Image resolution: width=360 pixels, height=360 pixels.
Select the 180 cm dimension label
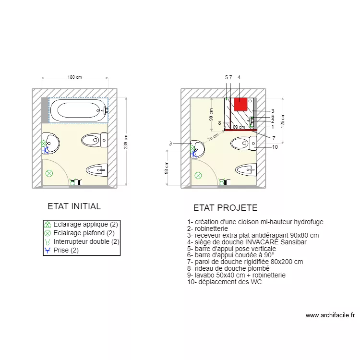tap(74, 77)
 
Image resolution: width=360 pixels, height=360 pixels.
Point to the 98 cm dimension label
tap(167, 168)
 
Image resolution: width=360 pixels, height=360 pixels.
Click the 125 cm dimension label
tap(283, 120)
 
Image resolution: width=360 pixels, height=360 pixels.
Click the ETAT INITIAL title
tap(74, 206)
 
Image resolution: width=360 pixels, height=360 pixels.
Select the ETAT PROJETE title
tap(225, 208)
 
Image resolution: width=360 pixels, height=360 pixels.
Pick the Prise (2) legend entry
tap(65, 250)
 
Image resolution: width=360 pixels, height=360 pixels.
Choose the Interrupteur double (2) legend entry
tap(86, 241)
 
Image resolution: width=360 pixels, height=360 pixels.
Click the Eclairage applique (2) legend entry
tap(85, 224)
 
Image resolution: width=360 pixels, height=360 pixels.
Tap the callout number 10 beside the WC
tap(275, 147)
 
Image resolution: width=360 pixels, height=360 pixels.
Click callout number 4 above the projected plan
tap(239, 77)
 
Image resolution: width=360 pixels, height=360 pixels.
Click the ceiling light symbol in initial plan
tap(48, 174)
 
